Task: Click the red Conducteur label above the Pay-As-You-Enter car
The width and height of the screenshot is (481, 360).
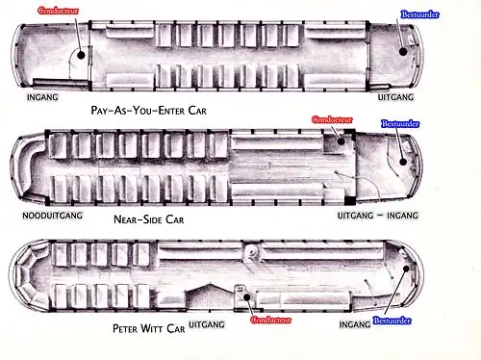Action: (x=58, y=11)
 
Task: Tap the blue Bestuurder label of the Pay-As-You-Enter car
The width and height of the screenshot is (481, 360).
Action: (x=419, y=14)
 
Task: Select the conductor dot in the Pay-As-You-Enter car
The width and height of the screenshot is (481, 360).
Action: (x=82, y=55)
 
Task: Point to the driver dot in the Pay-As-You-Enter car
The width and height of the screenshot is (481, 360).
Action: (x=403, y=51)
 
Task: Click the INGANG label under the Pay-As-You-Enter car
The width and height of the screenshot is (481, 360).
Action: (x=42, y=97)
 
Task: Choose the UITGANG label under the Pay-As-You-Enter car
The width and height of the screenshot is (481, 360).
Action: (x=395, y=97)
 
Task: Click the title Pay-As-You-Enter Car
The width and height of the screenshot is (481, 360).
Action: (x=149, y=111)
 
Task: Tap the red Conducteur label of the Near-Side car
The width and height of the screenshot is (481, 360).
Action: (x=332, y=119)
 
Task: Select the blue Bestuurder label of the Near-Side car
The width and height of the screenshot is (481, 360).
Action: (x=400, y=123)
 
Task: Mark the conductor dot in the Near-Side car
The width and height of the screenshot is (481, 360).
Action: (x=341, y=141)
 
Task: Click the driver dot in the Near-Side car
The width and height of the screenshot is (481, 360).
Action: (x=403, y=162)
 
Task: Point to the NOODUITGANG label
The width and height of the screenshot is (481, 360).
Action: (x=52, y=216)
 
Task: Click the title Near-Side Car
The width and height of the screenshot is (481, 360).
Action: (x=149, y=219)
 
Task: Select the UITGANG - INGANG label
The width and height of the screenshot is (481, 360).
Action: (x=378, y=216)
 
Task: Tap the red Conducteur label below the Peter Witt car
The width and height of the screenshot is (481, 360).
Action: (x=271, y=320)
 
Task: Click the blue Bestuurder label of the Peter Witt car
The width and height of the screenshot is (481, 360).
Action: (x=392, y=321)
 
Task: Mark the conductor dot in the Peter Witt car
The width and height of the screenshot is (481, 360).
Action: (x=246, y=297)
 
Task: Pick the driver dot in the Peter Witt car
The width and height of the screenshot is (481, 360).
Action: (x=406, y=269)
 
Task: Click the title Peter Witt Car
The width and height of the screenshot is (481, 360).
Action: (x=149, y=328)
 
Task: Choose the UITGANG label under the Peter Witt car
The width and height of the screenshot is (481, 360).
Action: (x=207, y=324)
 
